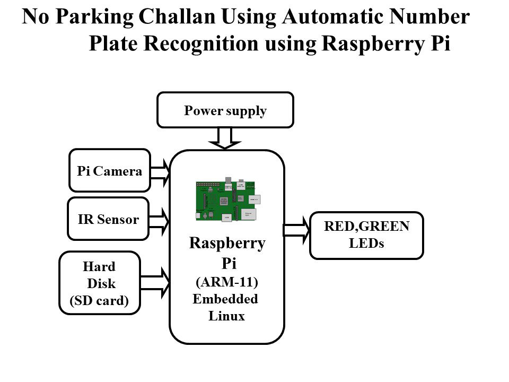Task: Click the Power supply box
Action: (x=225, y=110)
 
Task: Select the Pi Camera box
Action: (x=110, y=170)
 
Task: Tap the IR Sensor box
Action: (x=108, y=219)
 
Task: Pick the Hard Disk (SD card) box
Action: (x=100, y=282)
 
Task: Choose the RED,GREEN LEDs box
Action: (x=366, y=235)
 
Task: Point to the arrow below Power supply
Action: (x=225, y=138)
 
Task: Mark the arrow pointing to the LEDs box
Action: (x=297, y=230)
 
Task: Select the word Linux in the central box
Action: (x=226, y=317)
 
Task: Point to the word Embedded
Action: (x=225, y=299)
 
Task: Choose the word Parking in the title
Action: (x=95, y=17)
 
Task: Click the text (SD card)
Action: (x=100, y=300)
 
